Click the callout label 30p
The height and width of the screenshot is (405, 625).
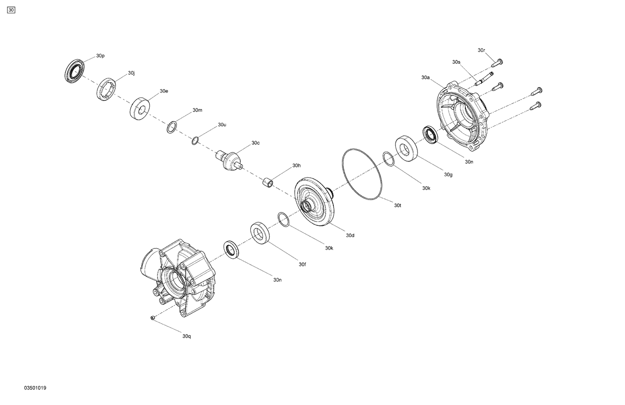point(100,56)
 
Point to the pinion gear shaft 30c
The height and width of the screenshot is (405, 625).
point(230,160)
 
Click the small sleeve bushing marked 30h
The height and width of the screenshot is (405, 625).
point(267,182)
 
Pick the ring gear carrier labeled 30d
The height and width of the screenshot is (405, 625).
point(315,203)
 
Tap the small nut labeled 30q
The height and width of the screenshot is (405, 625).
point(153,318)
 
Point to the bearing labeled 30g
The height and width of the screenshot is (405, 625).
point(408,148)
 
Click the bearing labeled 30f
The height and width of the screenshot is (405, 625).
point(260,233)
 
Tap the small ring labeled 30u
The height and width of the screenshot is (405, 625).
point(195,141)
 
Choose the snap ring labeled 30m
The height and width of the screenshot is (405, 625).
point(171,127)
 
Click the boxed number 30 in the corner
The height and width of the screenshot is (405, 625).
point(11,10)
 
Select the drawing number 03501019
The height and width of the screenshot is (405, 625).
point(35,388)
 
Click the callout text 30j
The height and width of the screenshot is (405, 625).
point(131,73)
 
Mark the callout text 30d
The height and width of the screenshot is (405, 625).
point(350,236)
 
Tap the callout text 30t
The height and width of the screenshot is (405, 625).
point(397,205)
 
